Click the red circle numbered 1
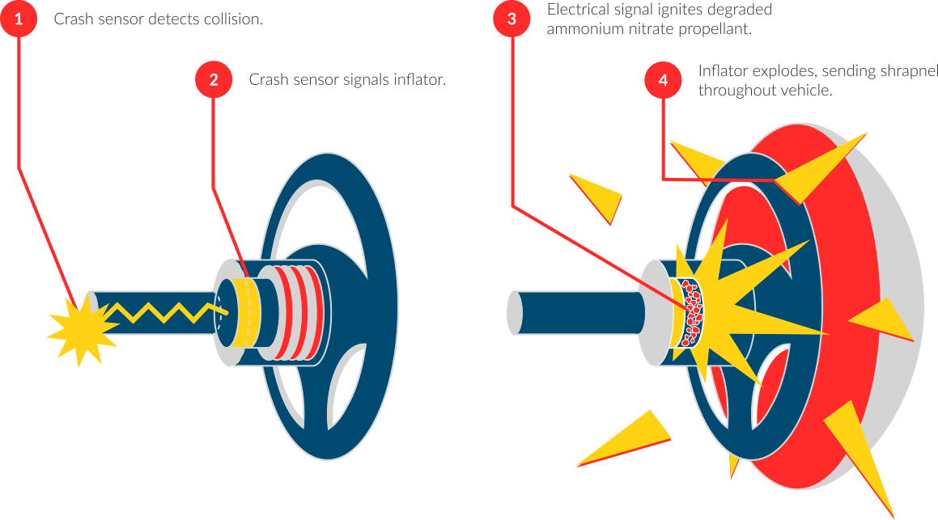19,19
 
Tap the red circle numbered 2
214,79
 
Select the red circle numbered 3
511,19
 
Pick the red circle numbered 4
664,80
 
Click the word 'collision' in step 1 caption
234,19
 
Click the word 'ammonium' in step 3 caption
579,29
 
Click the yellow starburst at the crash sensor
81,328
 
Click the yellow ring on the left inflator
243,311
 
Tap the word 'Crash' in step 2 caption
266,80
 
